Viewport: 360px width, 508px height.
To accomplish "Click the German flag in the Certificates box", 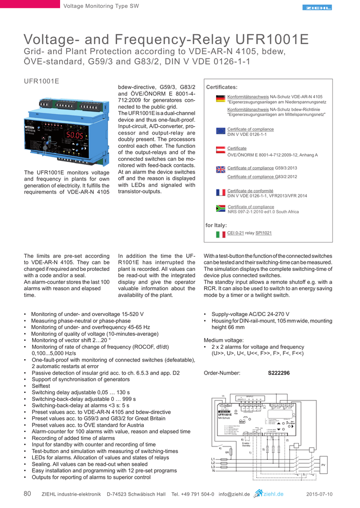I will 221,99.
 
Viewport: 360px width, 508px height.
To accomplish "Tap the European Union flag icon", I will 221,131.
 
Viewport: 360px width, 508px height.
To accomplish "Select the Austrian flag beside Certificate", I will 221,150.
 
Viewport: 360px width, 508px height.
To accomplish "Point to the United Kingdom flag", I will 221,170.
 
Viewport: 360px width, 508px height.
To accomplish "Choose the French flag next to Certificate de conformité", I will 221,192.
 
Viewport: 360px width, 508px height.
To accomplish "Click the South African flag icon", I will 221,209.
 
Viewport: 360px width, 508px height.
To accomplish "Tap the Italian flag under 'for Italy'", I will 221,234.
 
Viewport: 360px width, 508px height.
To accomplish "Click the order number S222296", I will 279,373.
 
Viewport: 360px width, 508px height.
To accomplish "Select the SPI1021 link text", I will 264,233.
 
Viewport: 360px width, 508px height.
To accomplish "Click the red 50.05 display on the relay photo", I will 75,135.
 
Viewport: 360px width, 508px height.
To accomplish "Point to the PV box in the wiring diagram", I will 323,464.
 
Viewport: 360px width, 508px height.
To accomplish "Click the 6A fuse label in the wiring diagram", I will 227,452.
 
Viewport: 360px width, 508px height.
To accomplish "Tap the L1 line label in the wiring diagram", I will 214,459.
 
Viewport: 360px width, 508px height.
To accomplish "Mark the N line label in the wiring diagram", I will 214,471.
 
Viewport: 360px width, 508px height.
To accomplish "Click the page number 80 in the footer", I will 28,494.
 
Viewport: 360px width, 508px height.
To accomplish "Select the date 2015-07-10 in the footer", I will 319,494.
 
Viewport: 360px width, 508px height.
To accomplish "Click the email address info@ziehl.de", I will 234,494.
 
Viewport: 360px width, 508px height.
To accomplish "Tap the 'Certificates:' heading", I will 221,87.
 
